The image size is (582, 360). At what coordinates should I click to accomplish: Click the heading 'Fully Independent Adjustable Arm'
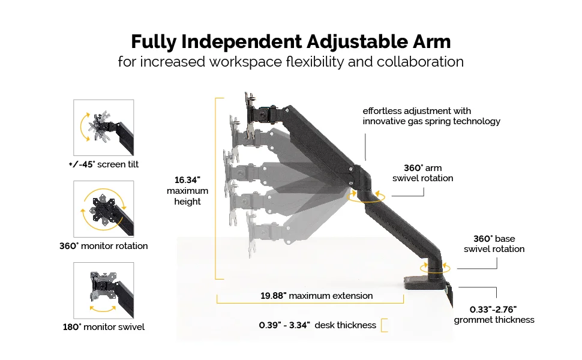[290, 41]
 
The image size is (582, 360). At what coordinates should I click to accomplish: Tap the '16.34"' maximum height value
[187, 180]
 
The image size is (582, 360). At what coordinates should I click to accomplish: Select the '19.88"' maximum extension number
[273, 296]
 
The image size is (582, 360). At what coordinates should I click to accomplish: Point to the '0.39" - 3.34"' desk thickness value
[284, 325]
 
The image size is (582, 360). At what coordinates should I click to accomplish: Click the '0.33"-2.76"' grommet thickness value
[493, 310]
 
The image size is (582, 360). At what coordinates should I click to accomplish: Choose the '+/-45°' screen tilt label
[82, 164]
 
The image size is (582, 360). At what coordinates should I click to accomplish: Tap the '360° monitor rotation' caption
[104, 245]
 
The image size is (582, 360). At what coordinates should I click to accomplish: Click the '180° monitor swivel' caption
[104, 327]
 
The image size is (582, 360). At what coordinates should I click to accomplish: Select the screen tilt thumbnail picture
[104, 128]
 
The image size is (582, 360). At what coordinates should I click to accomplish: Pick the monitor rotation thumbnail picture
[104, 209]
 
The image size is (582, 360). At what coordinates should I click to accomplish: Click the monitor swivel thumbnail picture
[104, 290]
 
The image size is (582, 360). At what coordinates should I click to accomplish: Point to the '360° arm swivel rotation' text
[423, 173]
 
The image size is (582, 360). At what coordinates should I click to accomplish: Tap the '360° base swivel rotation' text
[494, 244]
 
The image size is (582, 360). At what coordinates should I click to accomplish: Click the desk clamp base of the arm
[427, 281]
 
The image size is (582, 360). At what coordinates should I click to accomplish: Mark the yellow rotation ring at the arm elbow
[366, 202]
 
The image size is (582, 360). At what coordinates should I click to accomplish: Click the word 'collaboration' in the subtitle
[420, 62]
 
